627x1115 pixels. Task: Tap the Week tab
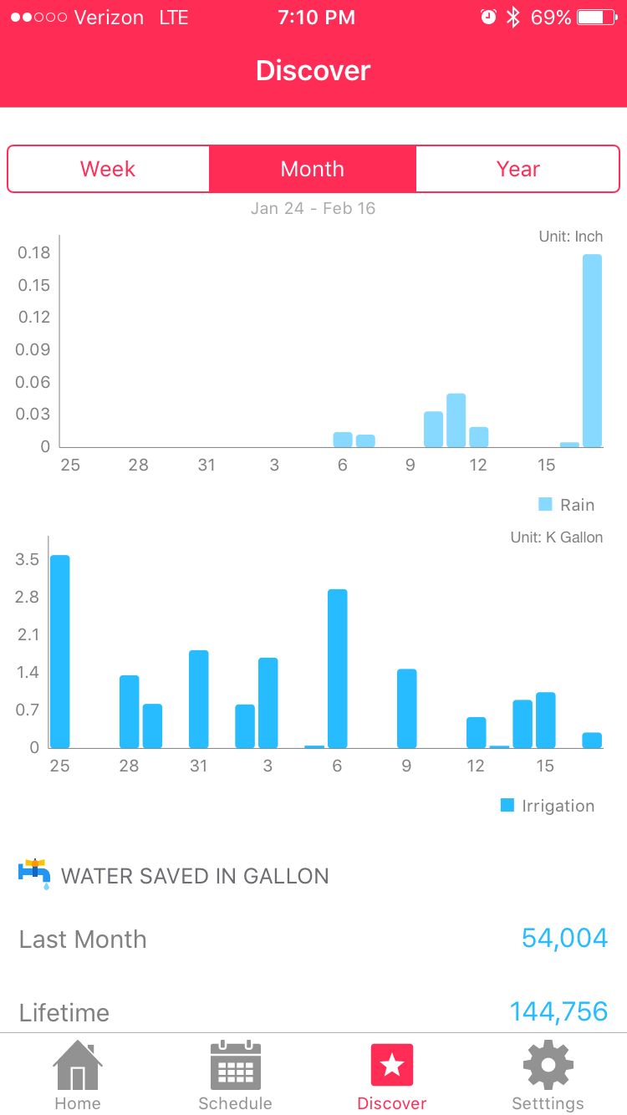point(108,169)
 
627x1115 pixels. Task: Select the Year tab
point(518,169)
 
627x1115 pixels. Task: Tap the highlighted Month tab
point(313,169)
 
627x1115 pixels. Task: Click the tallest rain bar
point(592,351)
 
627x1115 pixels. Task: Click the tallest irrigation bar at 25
point(60,652)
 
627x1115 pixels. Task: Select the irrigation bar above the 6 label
point(338,669)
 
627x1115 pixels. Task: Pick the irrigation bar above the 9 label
point(407,709)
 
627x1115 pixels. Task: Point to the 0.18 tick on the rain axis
point(34,252)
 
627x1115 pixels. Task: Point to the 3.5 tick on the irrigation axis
point(28,559)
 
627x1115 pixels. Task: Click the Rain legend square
point(546,504)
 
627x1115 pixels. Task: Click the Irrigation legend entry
point(548,806)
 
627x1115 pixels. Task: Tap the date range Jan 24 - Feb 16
point(313,208)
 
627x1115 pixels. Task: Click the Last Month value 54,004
point(564,939)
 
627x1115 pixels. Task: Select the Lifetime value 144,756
point(558,1012)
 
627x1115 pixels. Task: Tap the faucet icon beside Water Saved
point(34,873)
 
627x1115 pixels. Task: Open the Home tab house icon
point(78,1066)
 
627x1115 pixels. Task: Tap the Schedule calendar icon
point(235,1066)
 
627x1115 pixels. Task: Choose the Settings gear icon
point(548,1066)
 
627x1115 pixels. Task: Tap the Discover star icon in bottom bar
point(392,1066)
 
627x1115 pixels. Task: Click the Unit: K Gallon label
point(556,537)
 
